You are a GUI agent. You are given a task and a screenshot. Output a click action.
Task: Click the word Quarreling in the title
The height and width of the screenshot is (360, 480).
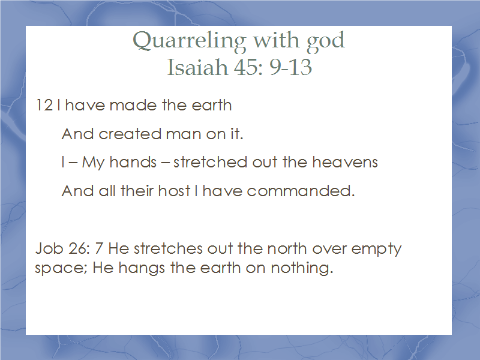click(x=189, y=41)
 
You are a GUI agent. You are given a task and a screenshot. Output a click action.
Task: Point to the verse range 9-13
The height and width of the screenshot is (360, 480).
click(x=290, y=67)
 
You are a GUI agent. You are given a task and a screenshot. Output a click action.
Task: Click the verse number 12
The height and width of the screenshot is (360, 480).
click(x=44, y=106)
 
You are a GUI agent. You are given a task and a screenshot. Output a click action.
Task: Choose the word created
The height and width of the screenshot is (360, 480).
click(x=130, y=134)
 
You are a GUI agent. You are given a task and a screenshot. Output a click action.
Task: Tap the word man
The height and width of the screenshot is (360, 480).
click(x=183, y=134)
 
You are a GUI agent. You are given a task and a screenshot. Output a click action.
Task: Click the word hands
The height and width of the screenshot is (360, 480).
click(x=133, y=162)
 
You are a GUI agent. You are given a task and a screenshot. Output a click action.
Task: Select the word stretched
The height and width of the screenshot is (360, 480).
click(x=210, y=162)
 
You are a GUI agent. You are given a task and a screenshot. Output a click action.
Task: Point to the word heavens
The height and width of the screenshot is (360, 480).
click(x=345, y=162)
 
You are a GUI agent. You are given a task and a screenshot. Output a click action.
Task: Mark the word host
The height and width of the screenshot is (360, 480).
click(x=174, y=191)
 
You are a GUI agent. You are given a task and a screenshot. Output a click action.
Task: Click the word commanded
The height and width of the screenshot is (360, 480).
click(x=301, y=191)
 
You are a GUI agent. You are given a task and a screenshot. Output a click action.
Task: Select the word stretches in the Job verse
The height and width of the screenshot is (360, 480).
click(x=168, y=248)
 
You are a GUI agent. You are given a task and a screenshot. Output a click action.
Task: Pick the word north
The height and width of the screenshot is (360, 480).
click(x=287, y=248)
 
